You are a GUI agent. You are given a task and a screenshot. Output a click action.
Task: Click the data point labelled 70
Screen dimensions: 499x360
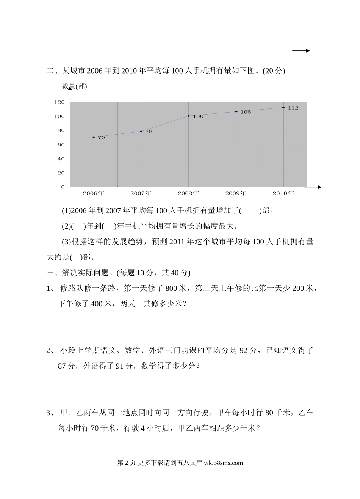(x=94, y=137)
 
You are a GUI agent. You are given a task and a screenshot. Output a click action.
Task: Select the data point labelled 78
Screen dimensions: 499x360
(x=141, y=132)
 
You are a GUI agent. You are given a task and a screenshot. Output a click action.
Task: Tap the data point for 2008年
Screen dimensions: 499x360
(x=189, y=116)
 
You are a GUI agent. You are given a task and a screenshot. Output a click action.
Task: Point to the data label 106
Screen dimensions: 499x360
(x=246, y=112)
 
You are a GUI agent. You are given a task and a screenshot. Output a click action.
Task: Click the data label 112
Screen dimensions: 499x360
(x=293, y=108)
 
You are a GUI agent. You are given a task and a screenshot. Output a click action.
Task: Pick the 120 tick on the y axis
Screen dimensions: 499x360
(x=59, y=102)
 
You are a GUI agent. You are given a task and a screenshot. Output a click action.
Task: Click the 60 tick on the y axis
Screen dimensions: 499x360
(x=61, y=144)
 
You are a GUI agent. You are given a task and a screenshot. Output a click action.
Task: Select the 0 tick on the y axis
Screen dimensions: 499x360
(x=63, y=187)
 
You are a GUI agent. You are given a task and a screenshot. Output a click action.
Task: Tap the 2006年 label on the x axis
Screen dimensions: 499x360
(x=93, y=193)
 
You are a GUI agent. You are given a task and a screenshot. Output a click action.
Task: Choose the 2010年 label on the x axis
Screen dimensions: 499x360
(x=283, y=193)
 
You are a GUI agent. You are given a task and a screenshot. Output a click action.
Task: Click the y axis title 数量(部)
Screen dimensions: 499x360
(x=75, y=86)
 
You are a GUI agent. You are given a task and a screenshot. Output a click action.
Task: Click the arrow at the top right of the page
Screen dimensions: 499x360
(x=301, y=51)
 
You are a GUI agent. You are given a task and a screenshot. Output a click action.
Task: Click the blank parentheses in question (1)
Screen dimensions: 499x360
(x=250, y=210)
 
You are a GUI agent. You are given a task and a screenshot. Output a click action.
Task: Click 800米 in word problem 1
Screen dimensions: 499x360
(x=176, y=289)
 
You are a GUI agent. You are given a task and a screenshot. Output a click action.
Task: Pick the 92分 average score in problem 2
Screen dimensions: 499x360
(x=248, y=350)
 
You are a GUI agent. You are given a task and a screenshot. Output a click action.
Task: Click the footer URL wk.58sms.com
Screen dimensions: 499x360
(x=223, y=463)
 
